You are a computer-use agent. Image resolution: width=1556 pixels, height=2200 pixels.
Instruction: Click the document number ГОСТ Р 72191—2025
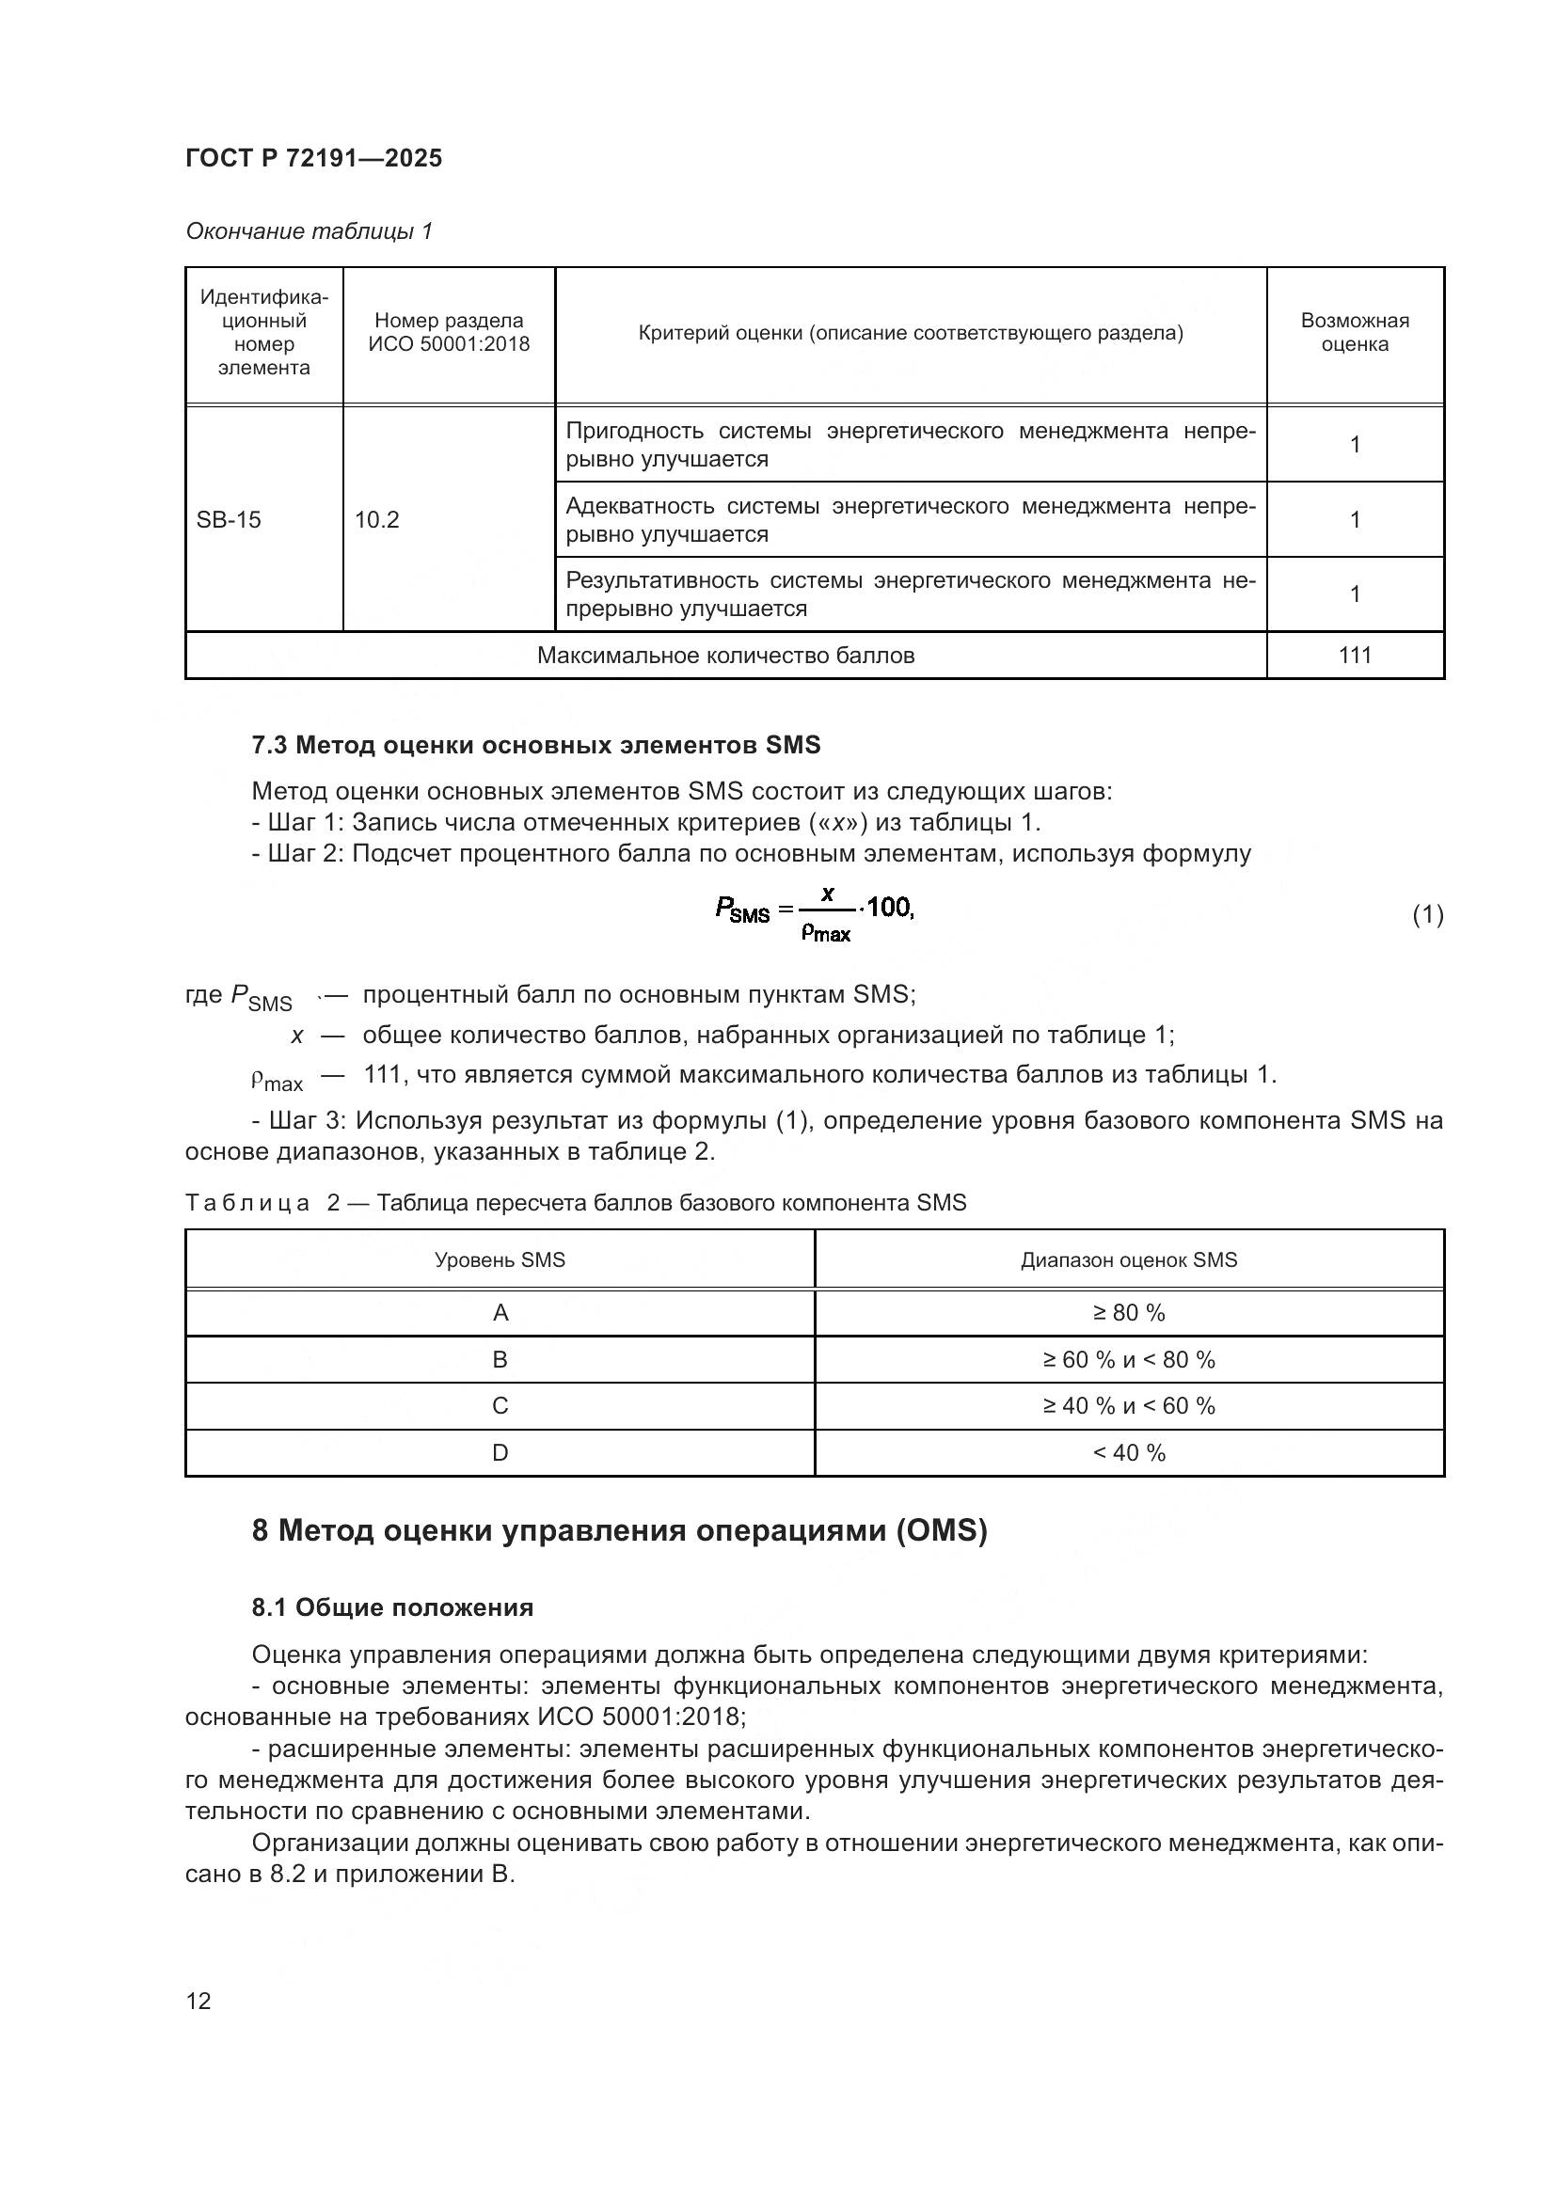click(x=313, y=158)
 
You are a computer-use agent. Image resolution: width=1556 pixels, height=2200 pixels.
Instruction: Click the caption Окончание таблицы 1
click(x=309, y=231)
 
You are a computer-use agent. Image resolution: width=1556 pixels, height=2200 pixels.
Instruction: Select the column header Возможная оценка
click(x=1354, y=332)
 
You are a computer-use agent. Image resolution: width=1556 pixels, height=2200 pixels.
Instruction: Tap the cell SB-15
click(x=228, y=519)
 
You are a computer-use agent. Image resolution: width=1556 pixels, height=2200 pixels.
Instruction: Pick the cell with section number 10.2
click(x=376, y=519)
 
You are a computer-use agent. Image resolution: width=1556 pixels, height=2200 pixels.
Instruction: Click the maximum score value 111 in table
click(x=1354, y=656)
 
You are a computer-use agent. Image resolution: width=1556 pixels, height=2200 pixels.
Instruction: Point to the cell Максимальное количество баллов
click(x=725, y=656)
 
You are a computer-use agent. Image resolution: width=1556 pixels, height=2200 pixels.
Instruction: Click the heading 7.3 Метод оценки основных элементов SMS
click(x=535, y=745)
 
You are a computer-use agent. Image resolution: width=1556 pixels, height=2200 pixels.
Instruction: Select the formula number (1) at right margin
click(x=1427, y=914)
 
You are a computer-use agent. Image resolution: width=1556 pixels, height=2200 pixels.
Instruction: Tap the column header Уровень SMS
click(x=500, y=1260)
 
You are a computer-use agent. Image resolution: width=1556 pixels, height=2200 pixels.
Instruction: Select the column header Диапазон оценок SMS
click(x=1129, y=1260)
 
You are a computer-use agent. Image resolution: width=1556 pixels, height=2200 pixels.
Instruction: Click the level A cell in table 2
click(x=500, y=1313)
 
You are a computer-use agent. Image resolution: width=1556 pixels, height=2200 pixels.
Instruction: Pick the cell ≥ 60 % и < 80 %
click(x=1129, y=1360)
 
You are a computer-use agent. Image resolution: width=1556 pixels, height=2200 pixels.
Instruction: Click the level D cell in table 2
click(x=500, y=1452)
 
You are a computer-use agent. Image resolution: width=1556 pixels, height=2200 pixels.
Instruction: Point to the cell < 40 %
click(x=1129, y=1452)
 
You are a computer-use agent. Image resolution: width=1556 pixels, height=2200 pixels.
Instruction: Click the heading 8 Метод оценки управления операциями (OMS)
click(x=619, y=1531)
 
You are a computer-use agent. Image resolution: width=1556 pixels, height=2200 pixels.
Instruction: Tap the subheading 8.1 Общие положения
click(x=392, y=1607)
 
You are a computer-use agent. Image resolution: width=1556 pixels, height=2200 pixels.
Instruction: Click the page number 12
click(x=198, y=2001)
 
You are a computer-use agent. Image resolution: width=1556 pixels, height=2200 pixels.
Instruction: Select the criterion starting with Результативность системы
click(x=910, y=594)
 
